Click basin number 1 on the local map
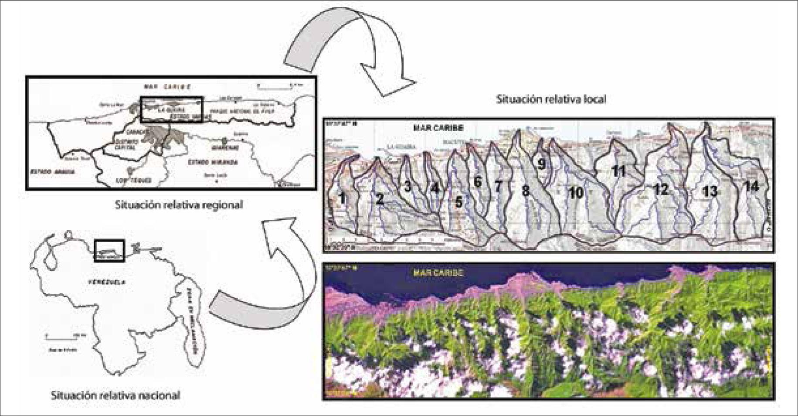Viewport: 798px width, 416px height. (x=342, y=198)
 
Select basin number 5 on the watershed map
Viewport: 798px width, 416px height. (x=458, y=202)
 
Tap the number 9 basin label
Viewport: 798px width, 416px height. (x=541, y=164)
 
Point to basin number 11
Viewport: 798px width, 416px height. (x=618, y=171)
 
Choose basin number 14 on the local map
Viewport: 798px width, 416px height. (x=751, y=187)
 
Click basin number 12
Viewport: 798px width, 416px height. (x=661, y=189)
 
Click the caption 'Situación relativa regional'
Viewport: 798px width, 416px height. (x=179, y=205)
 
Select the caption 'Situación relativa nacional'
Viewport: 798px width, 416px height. (x=115, y=396)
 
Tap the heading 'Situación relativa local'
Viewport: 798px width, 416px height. (x=551, y=99)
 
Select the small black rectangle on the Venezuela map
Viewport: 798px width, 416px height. (x=109, y=251)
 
